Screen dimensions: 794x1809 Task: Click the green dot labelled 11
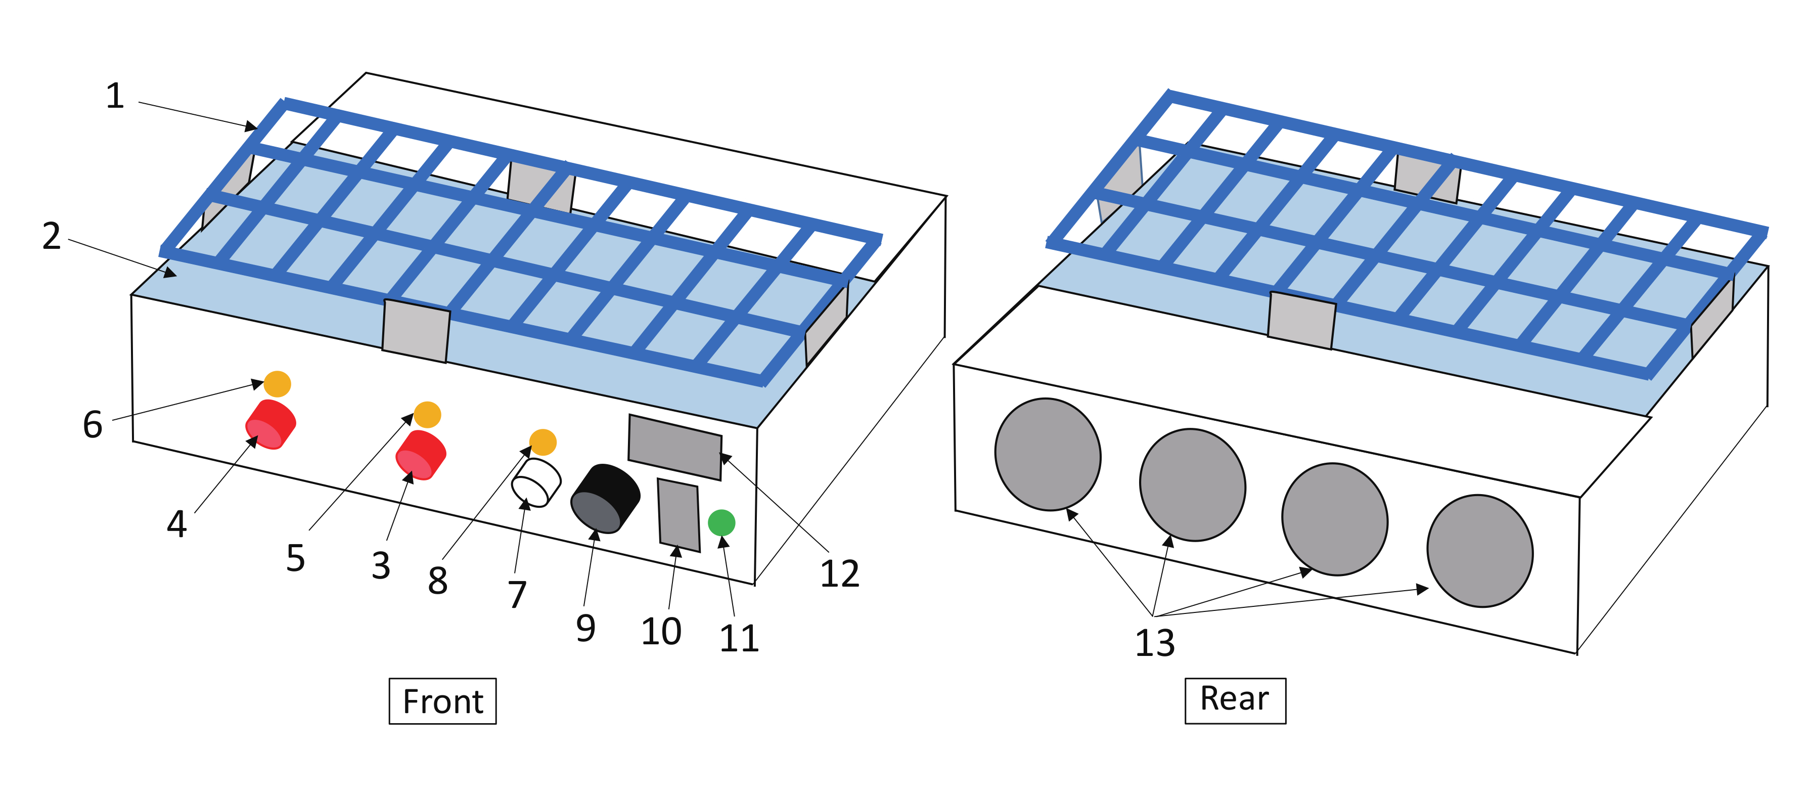tap(721, 523)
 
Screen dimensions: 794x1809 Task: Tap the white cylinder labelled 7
tap(536, 483)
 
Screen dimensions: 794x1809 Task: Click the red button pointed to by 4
tap(270, 424)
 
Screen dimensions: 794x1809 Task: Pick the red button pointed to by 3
tap(421, 455)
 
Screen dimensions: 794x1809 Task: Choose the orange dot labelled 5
tap(427, 415)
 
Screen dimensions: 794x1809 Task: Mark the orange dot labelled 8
tap(543, 442)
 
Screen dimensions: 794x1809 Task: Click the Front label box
tap(442, 701)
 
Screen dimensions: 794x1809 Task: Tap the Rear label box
tap(1235, 700)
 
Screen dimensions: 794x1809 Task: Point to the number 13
tap(1154, 642)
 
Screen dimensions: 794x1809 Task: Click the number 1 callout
tap(115, 96)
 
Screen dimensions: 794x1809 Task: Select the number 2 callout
tap(51, 236)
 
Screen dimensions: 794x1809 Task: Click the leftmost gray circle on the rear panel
tap(1048, 455)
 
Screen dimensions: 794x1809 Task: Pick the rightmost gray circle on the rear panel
tap(1480, 551)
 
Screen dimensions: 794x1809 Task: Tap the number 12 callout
tap(839, 574)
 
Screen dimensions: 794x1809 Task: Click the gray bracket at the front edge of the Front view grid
tap(416, 331)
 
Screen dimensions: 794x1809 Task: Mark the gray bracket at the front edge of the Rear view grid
tap(1301, 321)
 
